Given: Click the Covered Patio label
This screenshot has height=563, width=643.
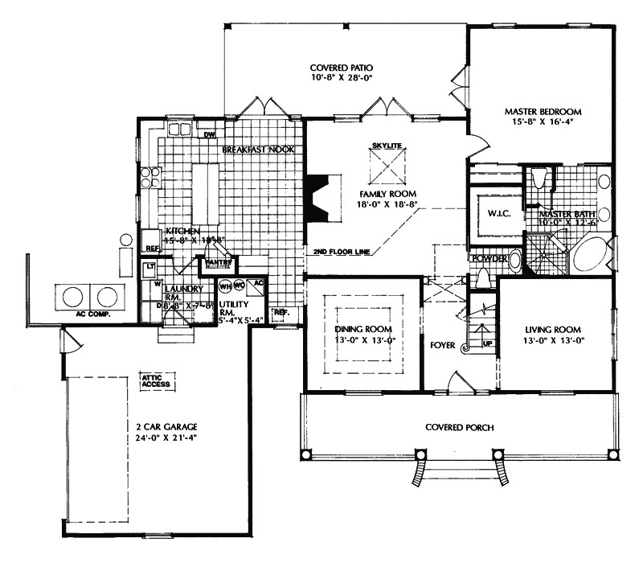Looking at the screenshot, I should coord(343,68).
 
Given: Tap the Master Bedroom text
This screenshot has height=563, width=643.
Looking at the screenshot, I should coord(543,111).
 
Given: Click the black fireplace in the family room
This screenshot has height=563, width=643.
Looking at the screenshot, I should coord(321,197).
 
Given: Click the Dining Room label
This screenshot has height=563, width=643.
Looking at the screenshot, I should coord(362,330).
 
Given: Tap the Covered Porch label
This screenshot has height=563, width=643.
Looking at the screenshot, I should coord(459,427).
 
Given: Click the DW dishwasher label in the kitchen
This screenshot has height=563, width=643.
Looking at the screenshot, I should coord(208,135).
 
